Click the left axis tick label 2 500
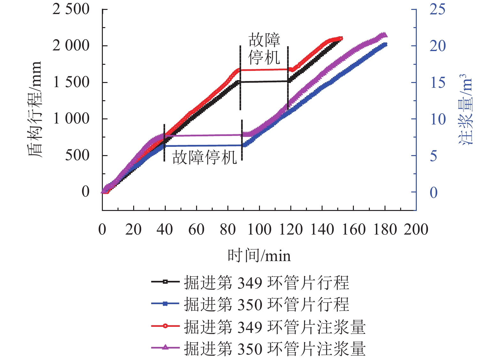click(x=71, y=9)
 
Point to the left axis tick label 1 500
click(x=71, y=82)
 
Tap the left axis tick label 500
click(x=77, y=155)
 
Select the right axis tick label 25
click(x=437, y=9)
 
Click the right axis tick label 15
click(x=437, y=83)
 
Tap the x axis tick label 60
click(x=196, y=229)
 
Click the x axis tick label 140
click(x=322, y=229)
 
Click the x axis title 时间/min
click(x=259, y=256)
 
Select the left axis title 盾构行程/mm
click(x=34, y=109)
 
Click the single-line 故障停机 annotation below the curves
click(x=204, y=157)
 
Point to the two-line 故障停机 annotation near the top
click(x=264, y=49)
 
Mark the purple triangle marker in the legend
click(x=165, y=347)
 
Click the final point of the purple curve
click(x=385, y=35)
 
